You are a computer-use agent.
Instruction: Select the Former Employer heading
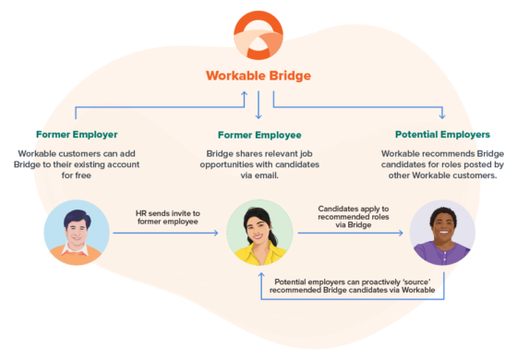point(78,135)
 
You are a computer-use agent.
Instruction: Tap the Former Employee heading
point(258,135)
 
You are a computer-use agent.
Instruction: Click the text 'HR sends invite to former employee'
point(168,219)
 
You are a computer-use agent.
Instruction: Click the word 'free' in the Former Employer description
point(78,174)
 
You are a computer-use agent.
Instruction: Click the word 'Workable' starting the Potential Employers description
point(402,152)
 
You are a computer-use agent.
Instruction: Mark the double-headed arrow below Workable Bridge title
point(258,104)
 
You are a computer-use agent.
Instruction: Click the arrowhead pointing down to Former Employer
point(78,116)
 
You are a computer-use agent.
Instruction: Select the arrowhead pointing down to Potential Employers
point(442,116)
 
